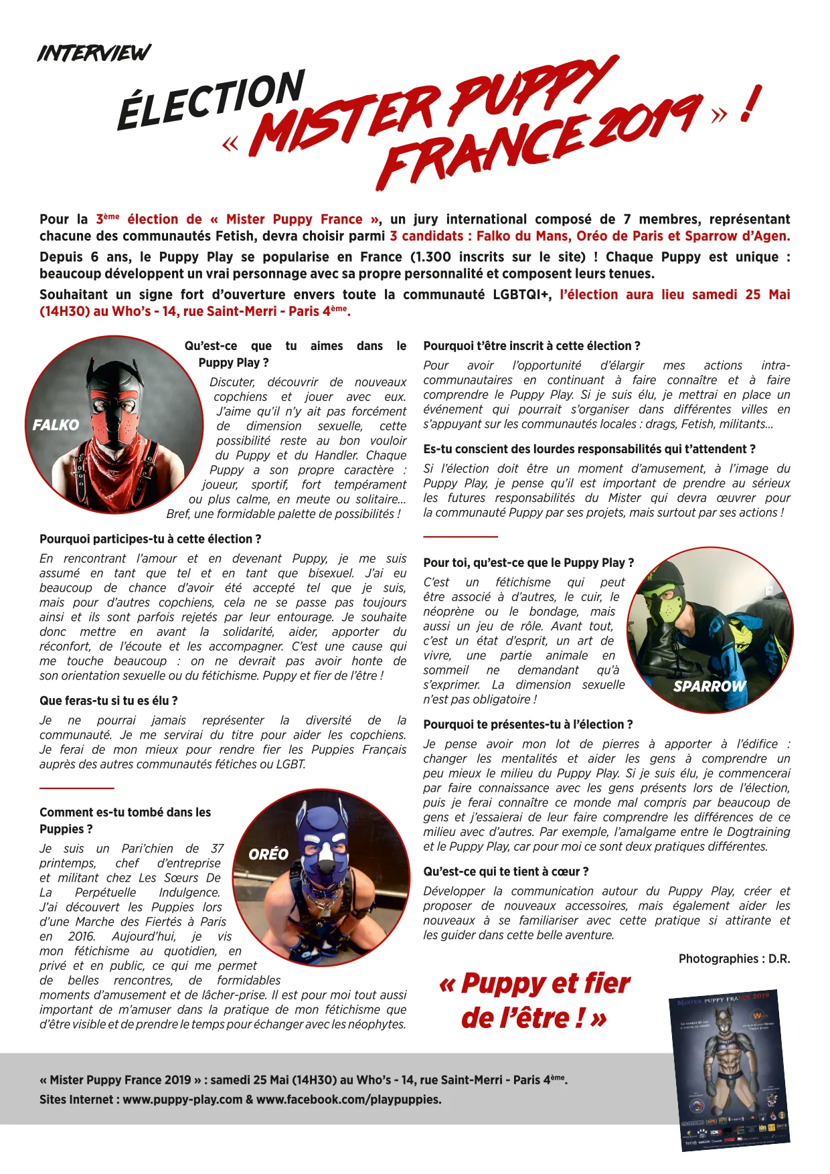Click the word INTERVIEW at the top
94,53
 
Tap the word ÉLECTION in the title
212,100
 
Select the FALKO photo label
56,425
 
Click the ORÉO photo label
268,854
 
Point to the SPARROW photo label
709,686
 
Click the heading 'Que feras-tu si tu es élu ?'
108,701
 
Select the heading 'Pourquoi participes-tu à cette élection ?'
150,539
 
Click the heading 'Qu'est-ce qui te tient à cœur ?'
506,871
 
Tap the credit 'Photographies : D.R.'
734,958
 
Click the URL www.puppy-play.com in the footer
183,1099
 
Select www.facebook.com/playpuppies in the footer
349,1099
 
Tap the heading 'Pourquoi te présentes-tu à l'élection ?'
527,724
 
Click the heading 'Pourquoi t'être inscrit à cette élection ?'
531,346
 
